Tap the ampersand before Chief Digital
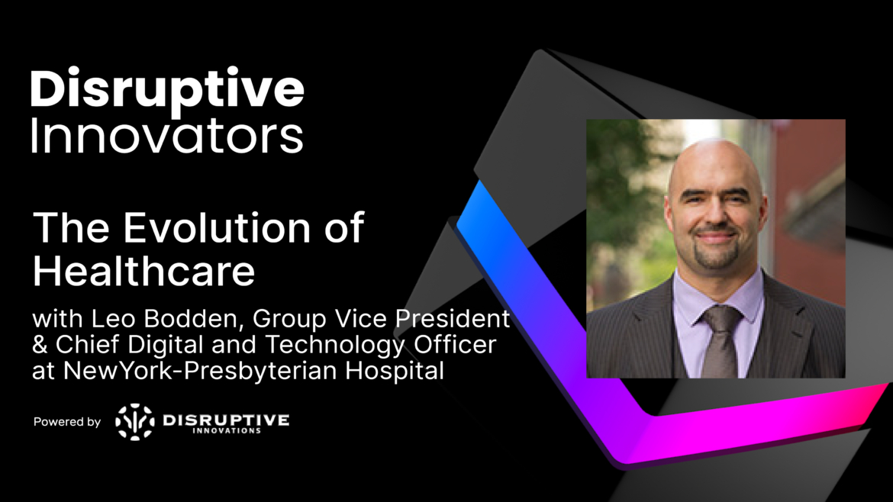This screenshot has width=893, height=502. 41,345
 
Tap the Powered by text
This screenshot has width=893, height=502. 67,422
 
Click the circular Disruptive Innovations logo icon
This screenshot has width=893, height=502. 134,422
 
